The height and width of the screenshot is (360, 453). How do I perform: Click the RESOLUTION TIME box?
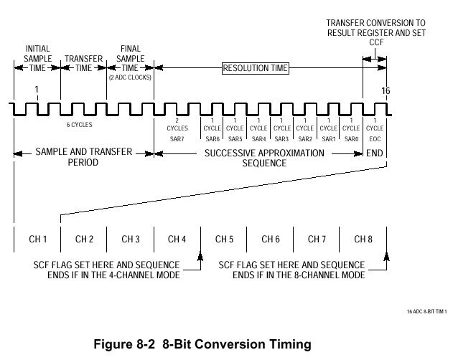tap(255, 68)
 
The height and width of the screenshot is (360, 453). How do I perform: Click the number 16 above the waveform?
tap(386, 90)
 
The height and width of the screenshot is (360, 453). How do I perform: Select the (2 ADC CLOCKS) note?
tap(131, 77)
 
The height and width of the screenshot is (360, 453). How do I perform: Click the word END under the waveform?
tap(375, 153)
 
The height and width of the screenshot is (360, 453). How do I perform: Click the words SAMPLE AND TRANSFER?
tap(83, 153)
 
